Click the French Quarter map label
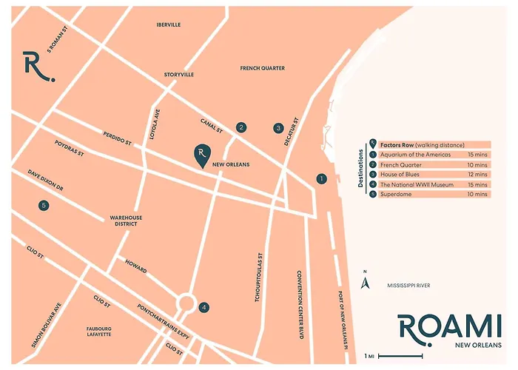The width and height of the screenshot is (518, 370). (x=262, y=68)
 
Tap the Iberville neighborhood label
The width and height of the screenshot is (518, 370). (x=169, y=24)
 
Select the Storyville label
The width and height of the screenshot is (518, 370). (x=178, y=75)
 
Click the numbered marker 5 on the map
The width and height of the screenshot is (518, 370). (x=44, y=205)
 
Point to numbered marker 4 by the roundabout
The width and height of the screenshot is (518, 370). (x=204, y=307)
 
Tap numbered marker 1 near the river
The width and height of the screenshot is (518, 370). (x=320, y=178)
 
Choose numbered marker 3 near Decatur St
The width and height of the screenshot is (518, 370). (x=278, y=127)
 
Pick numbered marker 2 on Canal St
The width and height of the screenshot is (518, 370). (x=240, y=127)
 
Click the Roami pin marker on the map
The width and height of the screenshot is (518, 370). (x=200, y=154)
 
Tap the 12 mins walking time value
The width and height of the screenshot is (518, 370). (x=477, y=174)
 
